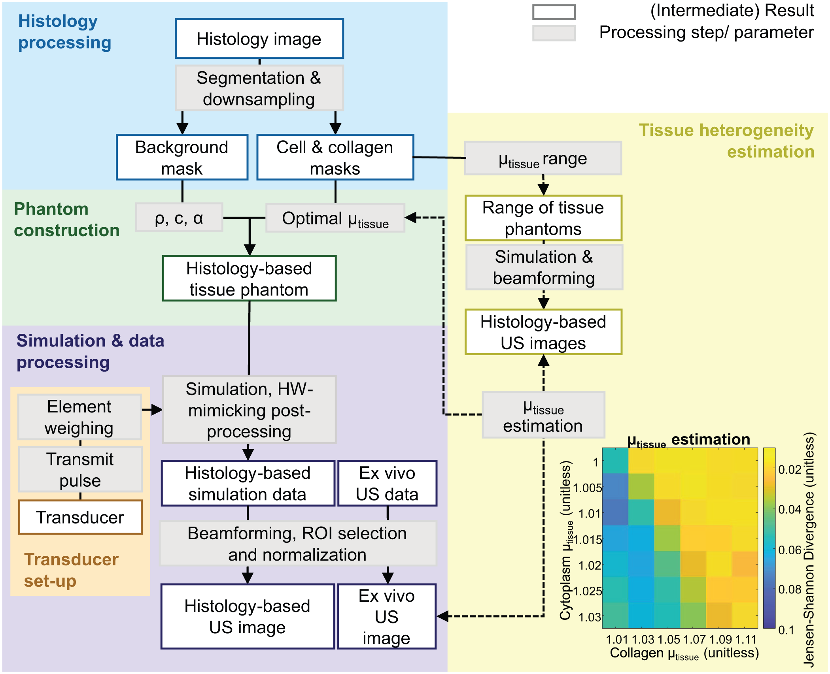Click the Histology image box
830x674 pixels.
pyautogui.click(x=259, y=39)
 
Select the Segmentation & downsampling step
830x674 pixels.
pyautogui.click(x=259, y=88)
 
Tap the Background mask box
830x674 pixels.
pyautogui.click(x=182, y=157)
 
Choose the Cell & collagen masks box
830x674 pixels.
pyautogui.click(x=335, y=157)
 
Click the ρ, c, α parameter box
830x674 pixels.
pyautogui.click(x=179, y=218)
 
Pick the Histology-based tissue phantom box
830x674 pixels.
pyautogui.click(x=249, y=279)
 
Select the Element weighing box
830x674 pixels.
pyautogui.click(x=79, y=417)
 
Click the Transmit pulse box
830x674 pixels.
pyautogui.click(x=80, y=469)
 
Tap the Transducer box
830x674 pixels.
pyautogui.click(x=80, y=517)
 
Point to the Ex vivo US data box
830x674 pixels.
pyautogui.click(x=387, y=483)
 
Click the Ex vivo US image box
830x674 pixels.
pyautogui.click(x=387, y=616)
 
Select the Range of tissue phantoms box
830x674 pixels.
pyautogui.click(x=543, y=218)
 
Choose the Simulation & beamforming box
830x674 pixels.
pyautogui.click(x=544, y=267)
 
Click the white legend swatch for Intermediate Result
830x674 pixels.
pyautogui.click(x=554, y=12)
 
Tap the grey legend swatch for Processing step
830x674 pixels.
pyautogui.click(x=554, y=33)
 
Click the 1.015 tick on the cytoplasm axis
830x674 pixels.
pyautogui.click(x=587, y=540)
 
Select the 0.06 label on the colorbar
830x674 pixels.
pyautogui.click(x=790, y=550)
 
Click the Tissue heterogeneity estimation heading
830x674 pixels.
pyautogui.click(x=727, y=141)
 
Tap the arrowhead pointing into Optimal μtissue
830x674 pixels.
pyautogui.click(x=410, y=217)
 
